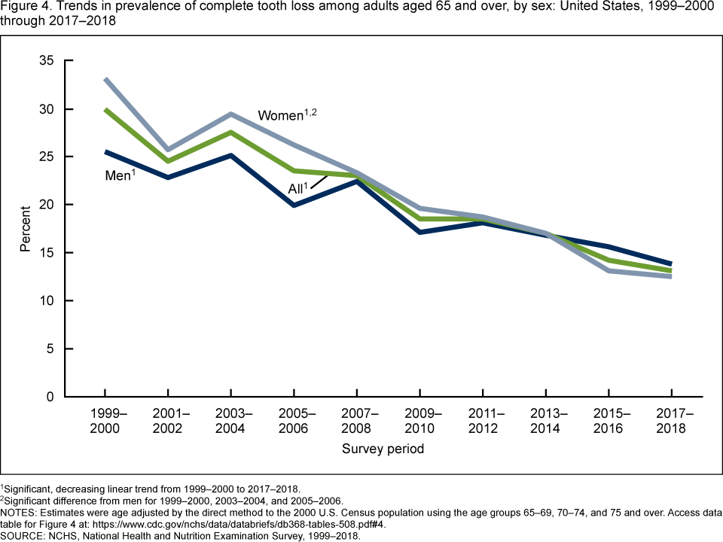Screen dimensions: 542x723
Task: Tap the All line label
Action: [x=297, y=188]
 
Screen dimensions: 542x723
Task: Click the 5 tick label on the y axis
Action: [x=50, y=349]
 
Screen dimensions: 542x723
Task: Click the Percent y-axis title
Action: [x=25, y=229]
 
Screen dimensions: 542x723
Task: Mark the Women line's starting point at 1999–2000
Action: [x=105, y=79]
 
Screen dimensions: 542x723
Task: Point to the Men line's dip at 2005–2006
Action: [x=294, y=205]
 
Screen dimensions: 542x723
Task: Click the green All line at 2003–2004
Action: [x=230, y=132]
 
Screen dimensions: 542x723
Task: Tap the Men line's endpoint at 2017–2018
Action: [x=670, y=263]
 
